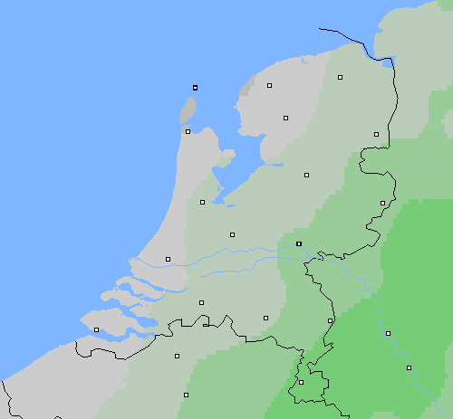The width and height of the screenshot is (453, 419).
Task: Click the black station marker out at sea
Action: tap(195, 88)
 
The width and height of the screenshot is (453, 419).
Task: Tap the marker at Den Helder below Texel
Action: tap(188, 131)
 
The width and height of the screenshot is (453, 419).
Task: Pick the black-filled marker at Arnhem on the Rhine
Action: tap(298, 243)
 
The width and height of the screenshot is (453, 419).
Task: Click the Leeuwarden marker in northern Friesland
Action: tap(270, 85)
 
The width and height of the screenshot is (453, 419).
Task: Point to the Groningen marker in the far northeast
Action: tap(341, 78)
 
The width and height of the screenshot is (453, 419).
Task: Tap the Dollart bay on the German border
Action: tap(390, 63)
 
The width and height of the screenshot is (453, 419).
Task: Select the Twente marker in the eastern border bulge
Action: tap(382, 203)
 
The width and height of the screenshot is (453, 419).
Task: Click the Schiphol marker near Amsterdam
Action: tap(202, 202)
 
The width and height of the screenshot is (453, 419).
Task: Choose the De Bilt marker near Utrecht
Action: tap(232, 234)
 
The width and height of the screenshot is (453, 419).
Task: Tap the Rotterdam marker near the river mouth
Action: tap(168, 259)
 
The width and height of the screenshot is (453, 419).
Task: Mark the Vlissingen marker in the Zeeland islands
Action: tap(96, 329)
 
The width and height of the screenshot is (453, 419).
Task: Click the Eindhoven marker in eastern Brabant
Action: tap(265, 318)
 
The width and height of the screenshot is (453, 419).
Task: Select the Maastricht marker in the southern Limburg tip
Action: tap(301, 382)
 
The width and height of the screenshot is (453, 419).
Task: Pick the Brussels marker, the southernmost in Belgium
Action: tap(186, 395)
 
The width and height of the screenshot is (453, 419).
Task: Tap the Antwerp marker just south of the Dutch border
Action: tap(177, 356)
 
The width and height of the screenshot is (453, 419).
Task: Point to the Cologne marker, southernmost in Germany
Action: tap(409, 367)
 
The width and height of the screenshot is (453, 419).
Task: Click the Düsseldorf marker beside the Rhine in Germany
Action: tap(388, 333)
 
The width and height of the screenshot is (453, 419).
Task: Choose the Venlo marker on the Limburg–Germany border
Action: tap(330, 320)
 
